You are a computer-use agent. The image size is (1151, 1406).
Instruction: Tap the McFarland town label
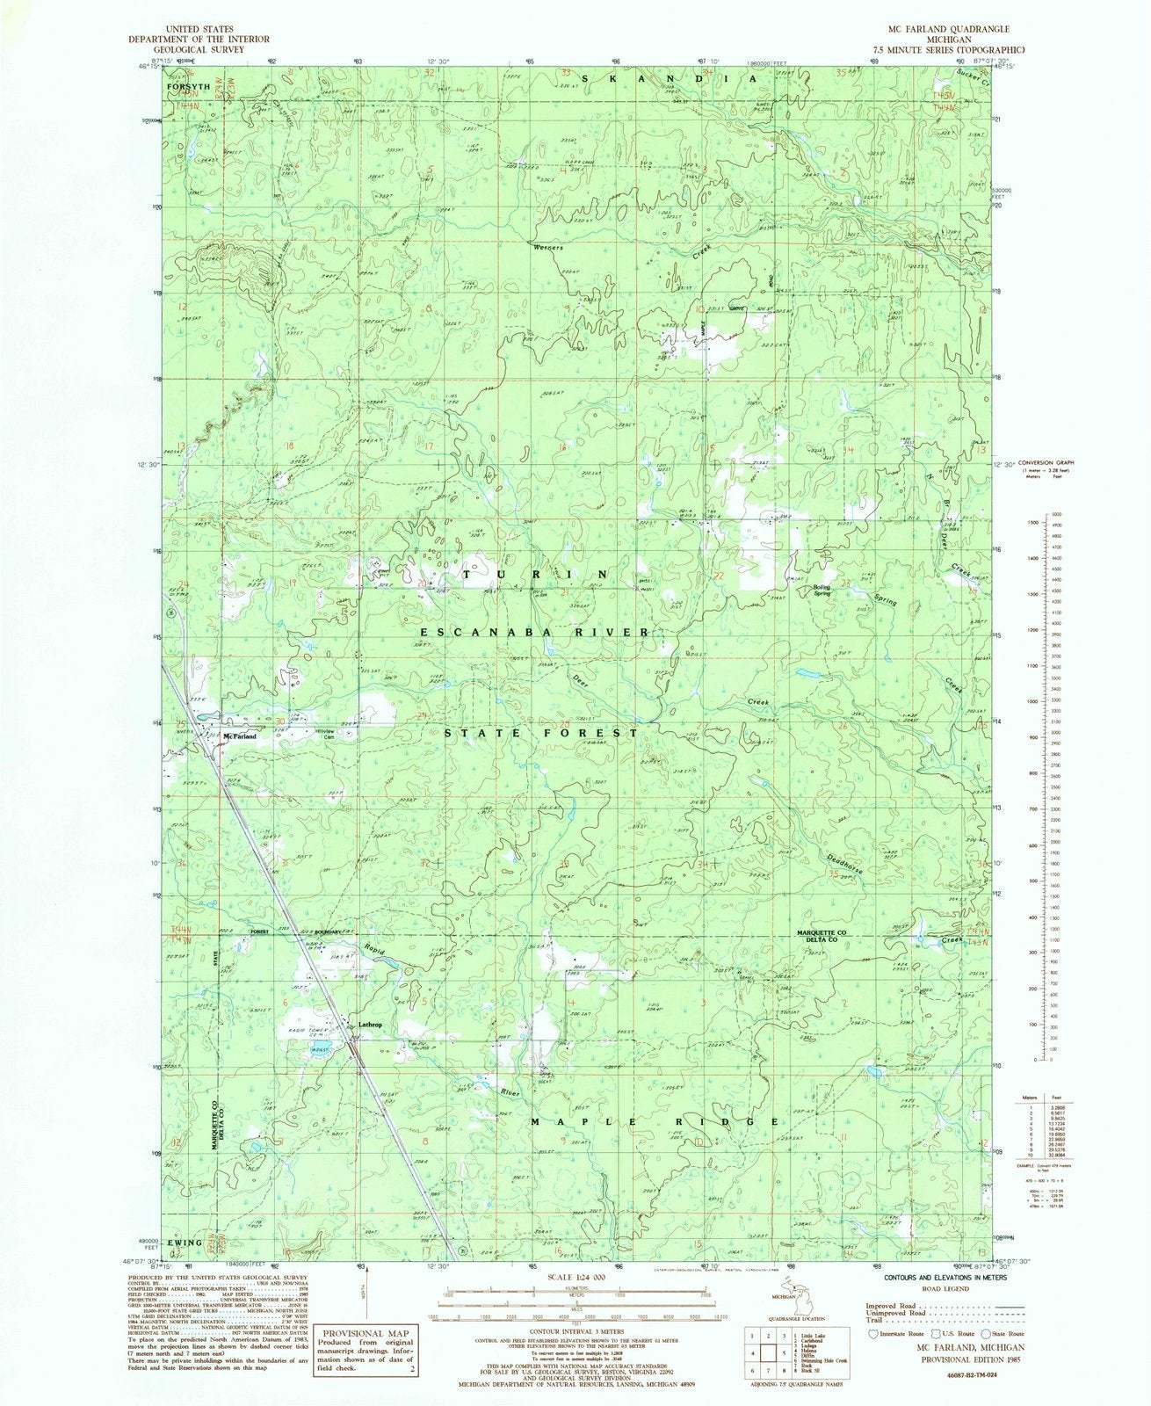coord(239,736)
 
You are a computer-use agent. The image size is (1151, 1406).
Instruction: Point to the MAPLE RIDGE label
coord(655,1122)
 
